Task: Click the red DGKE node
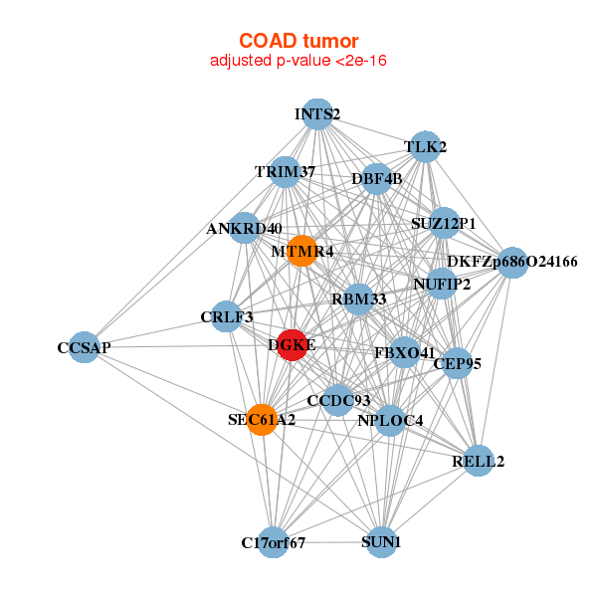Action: (x=292, y=345)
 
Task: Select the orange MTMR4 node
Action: (x=301, y=251)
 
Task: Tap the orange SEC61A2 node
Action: (x=262, y=420)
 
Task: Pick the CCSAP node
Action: (x=85, y=347)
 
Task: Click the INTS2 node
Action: (x=317, y=113)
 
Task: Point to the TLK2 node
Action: (x=425, y=146)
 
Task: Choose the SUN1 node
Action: (x=381, y=542)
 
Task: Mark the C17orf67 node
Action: (x=274, y=542)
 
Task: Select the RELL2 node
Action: (x=479, y=461)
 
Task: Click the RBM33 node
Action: (x=359, y=298)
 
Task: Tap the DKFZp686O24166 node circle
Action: (x=512, y=263)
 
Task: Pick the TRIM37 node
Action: (x=286, y=172)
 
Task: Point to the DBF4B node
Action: (x=376, y=179)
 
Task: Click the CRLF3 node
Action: (x=227, y=316)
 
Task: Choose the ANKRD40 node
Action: (x=245, y=228)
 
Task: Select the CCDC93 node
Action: (x=338, y=400)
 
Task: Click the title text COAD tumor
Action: (x=298, y=41)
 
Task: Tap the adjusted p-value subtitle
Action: (x=298, y=61)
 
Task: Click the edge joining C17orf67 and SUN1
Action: (x=327, y=542)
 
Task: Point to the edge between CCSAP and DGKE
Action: (x=188, y=346)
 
